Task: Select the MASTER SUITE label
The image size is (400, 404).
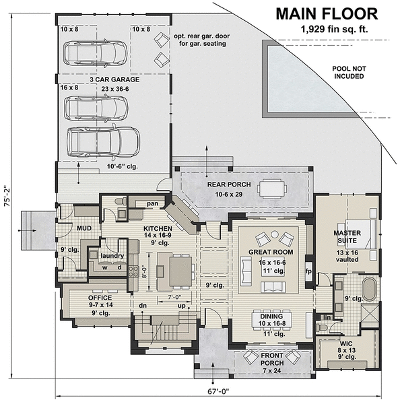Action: pos(347,238)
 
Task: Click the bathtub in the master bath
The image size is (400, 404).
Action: pos(369,290)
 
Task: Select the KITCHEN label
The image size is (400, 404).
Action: pos(158,229)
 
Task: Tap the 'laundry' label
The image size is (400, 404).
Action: pos(110,255)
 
